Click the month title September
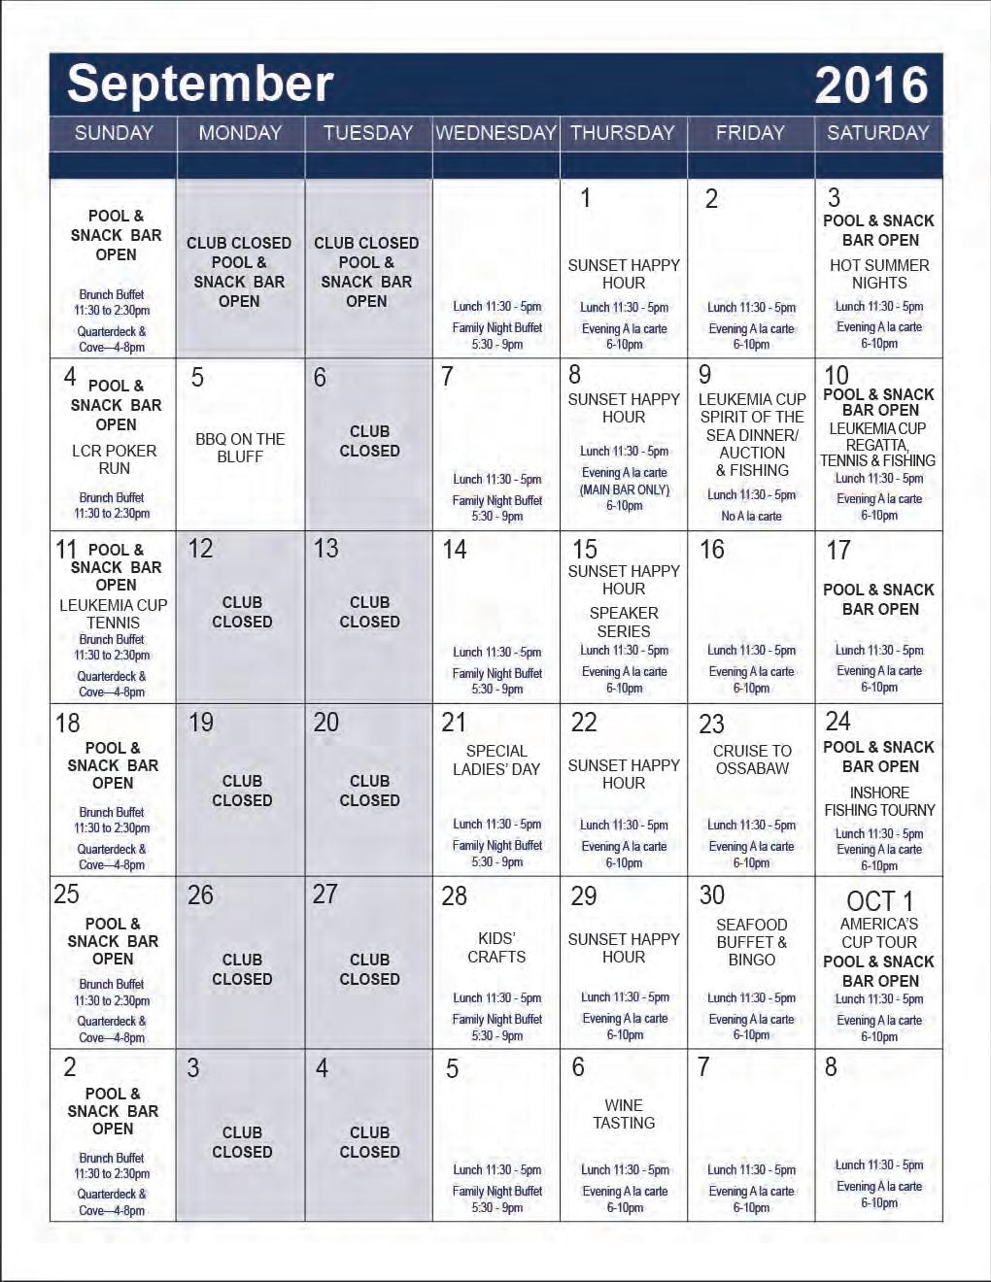200,84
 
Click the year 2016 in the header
871,85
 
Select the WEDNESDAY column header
495,133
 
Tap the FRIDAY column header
750,133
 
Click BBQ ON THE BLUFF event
240,448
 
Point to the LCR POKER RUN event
114,459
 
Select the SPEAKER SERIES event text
624,622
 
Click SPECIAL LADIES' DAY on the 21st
496,759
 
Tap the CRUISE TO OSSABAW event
752,759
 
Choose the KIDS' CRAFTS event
496,948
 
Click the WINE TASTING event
624,1114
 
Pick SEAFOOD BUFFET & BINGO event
752,942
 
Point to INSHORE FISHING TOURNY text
879,801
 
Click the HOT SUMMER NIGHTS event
879,274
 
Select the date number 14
454,550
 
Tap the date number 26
200,895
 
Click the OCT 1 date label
879,901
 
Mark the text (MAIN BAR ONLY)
625,490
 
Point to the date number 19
200,723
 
